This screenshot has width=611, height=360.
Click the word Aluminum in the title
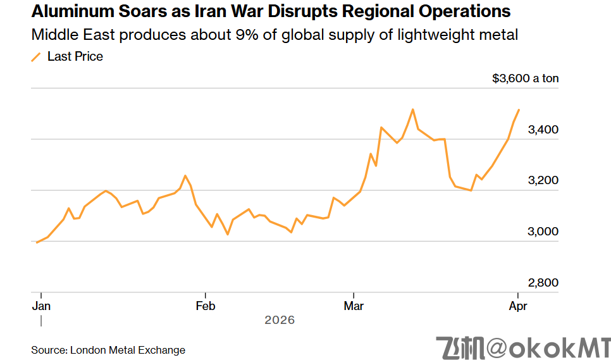(71, 11)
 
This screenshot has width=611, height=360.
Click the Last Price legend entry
(75, 56)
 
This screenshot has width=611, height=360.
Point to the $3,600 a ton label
(525, 78)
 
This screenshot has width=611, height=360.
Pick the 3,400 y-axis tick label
(543, 130)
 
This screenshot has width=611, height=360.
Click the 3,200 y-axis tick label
(543, 180)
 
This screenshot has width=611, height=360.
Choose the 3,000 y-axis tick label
(543, 232)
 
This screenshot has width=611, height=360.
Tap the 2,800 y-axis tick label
(543, 283)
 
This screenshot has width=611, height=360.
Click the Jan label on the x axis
(41, 306)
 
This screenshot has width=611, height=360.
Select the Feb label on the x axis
(206, 306)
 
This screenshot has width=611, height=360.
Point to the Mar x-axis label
(354, 306)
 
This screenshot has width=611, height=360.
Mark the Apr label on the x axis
(518, 306)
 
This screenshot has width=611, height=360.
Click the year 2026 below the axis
(280, 320)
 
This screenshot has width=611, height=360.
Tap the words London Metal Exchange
(128, 350)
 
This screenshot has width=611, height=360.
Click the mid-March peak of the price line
(412, 109)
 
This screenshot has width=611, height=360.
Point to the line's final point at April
(519, 110)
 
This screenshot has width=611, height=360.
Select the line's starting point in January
(37, 242)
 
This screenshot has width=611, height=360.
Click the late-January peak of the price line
(185, 176)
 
